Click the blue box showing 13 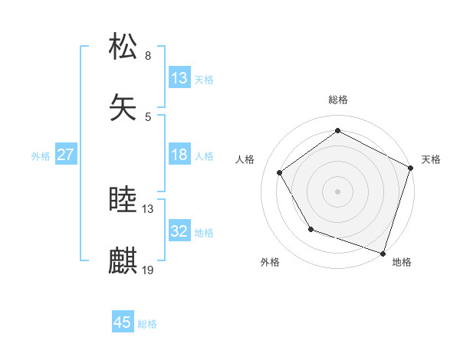coord(179,78)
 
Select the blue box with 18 coord(179,155)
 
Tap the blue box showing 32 coord(179,231)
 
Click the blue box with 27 coord(66,155)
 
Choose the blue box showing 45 coord(123,322)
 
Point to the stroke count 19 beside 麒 coord(148,270)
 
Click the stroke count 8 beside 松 coord(148,56)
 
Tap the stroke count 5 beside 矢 coord(148,116)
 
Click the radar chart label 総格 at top coord(338,100)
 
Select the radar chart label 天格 coord(431,159)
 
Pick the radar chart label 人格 coord(245,159)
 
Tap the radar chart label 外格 coord(270,262)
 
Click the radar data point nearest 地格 coord(383,253)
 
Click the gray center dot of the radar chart coord(338,191)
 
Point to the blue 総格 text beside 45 coord(147,324)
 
